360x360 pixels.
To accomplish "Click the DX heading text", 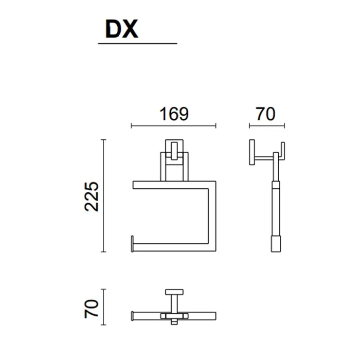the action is pyautogui.click(x=122, y=29).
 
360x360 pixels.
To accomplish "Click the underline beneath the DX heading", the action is pyautogui.click(x=137, y=43).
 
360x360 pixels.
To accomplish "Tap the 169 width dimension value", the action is pyautogui.click(x=174, y=114).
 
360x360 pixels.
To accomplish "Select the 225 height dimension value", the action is pyautogui.click(x=92, y=196).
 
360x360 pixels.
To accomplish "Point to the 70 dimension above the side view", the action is pyautogui.click(x=265, y=114).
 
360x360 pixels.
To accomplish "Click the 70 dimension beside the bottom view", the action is pyautogui.click(x=92, y=309).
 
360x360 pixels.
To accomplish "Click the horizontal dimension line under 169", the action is pyautogui.click(x=174, y=125).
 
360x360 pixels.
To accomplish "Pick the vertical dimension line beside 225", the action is pyautogui.click(x=103, y=195).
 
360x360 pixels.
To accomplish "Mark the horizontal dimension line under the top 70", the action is pyautogui.click(x=267, y=125).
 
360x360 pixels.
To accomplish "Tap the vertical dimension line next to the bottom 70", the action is pyautogui.click(x=103, y=307).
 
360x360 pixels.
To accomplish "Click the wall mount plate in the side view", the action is pyautogui.click(x=252, y=152).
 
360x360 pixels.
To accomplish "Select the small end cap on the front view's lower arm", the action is pyautogui.click(x=132, y=244).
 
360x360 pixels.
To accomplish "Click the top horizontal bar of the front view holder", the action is pyautogui.click(x=174, y=185).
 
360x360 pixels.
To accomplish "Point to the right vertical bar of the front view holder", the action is pyautogui.click(x=212, y=217).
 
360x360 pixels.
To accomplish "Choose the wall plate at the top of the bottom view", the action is pyautogui.click(x=174, y=292).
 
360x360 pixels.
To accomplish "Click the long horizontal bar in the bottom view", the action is pyautogui.click(x=174, y=316).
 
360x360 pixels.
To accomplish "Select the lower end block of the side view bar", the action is pyautogui.click(x=276, y=244).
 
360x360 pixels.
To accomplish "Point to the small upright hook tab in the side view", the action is pyautogui.click(x=283, y=151).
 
